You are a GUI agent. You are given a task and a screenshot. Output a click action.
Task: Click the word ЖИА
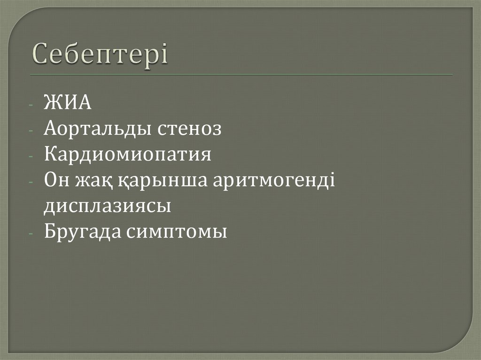pos(68,103)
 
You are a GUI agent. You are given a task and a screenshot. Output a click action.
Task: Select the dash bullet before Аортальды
pos(31,130)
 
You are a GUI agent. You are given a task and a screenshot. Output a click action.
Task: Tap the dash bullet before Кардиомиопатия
pos(31,156)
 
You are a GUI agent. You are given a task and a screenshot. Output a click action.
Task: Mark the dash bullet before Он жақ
pos(31,182)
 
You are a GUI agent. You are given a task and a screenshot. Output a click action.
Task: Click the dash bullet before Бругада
pos(31,233)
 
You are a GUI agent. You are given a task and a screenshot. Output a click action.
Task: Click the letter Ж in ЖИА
pos(52,103)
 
